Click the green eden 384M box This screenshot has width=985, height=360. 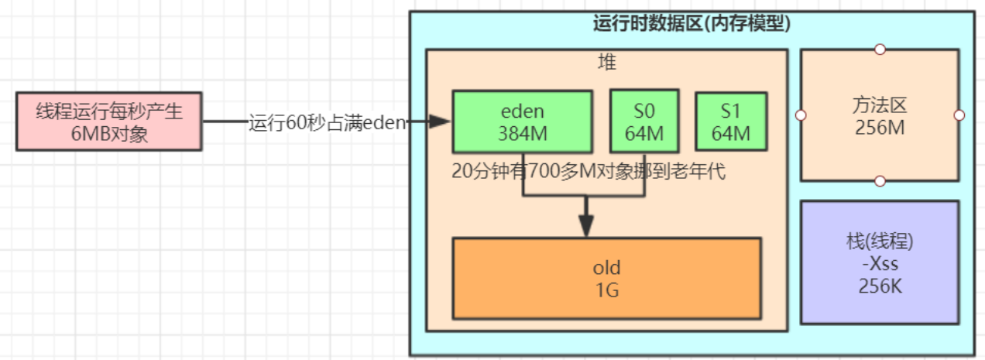(523, 121)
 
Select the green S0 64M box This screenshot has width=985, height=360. (644, 121)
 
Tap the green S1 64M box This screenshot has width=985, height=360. (731, 122)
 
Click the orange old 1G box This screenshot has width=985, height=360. (606, 279)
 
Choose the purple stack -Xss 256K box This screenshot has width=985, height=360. (879, 262)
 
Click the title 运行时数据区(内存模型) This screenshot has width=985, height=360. (692, 24)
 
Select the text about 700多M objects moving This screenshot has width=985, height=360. (589, 171)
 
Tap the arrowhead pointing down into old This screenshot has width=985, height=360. (586, 227)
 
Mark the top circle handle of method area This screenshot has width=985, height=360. (880, 50)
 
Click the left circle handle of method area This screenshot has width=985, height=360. (801, 115)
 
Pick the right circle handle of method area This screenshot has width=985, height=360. (959, 115)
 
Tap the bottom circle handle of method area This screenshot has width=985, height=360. (880, 181)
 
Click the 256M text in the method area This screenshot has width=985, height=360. (880, 127)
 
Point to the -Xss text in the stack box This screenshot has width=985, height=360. (879, 263)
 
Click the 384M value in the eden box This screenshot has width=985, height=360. (523, 132)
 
